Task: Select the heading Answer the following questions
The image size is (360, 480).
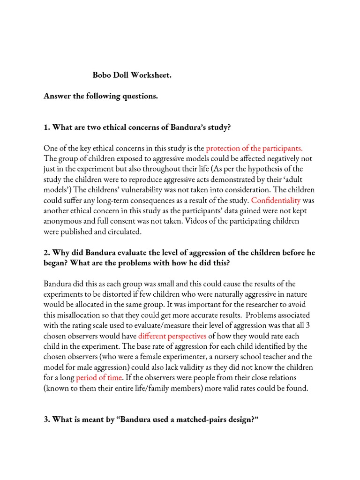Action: click(x=101, y=96)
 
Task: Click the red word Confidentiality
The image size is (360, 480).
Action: click(x=276, y=200)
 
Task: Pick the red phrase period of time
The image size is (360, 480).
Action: click(x=99, y=377)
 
